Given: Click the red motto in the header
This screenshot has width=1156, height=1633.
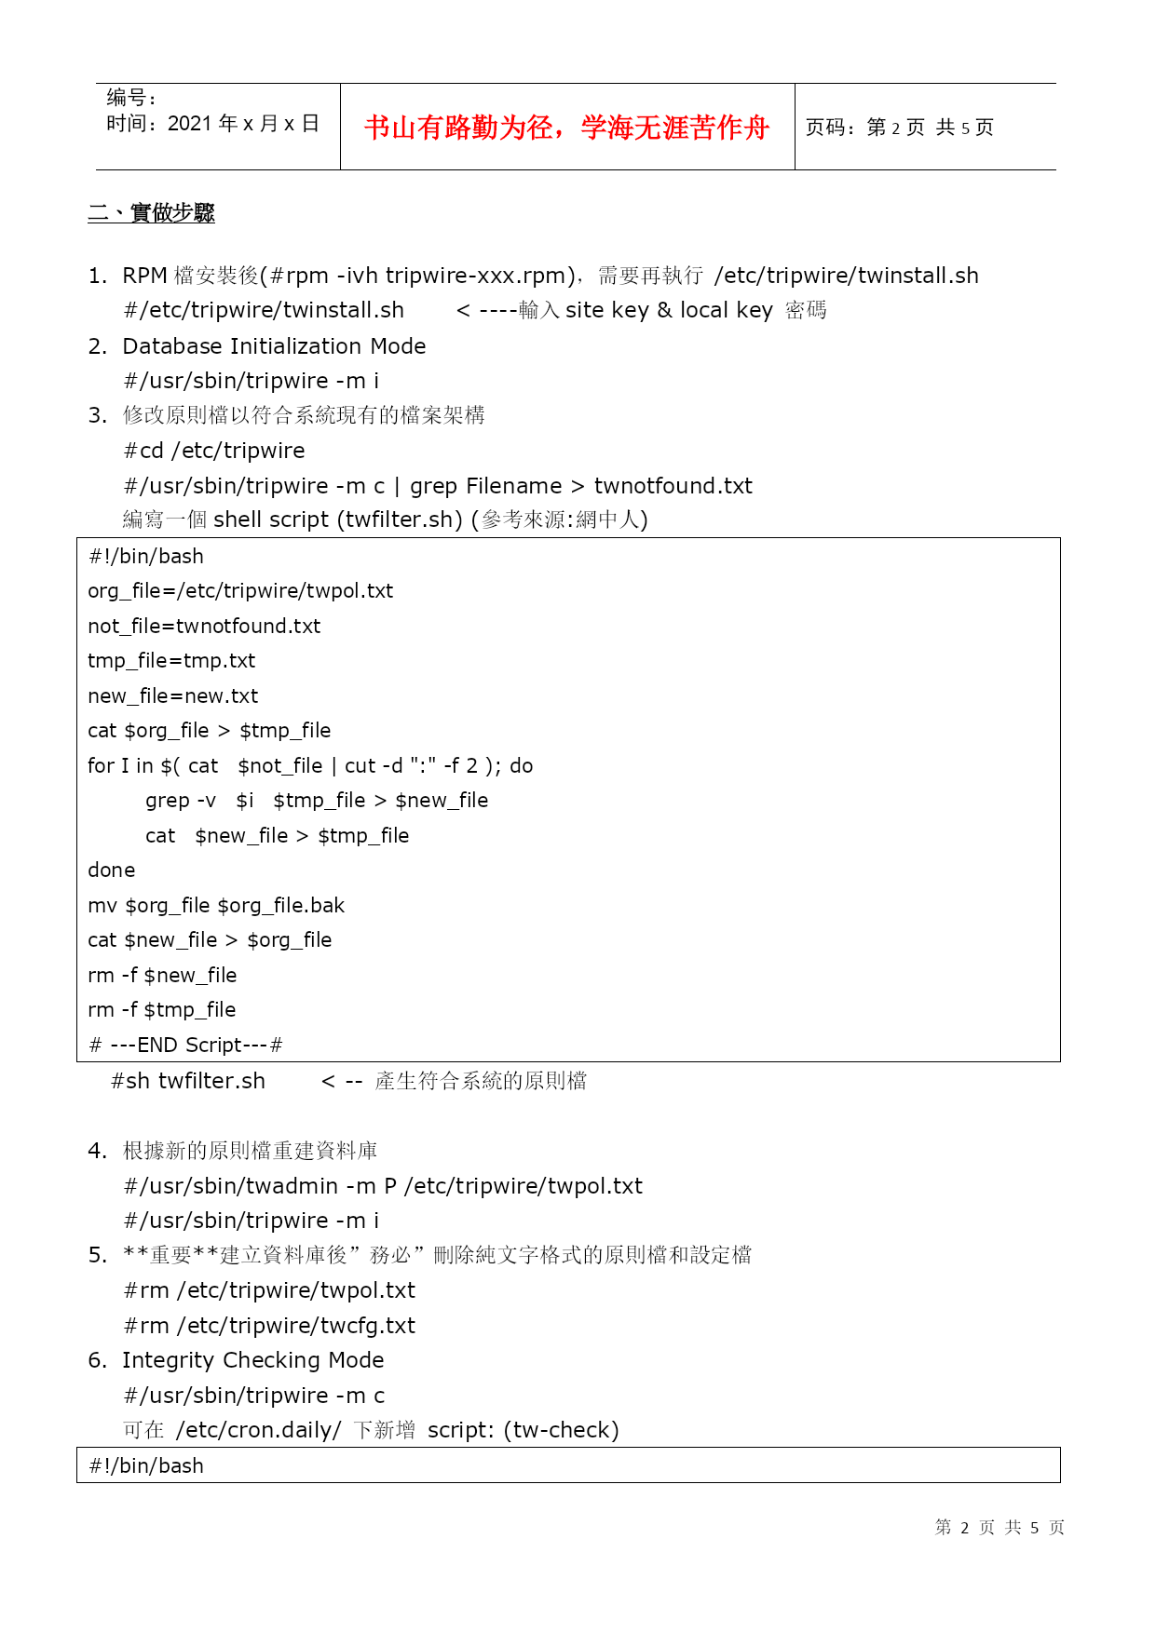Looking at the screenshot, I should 566,128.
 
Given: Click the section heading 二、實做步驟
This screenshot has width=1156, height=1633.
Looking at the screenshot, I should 151,213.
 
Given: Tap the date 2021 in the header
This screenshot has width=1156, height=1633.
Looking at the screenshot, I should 190,124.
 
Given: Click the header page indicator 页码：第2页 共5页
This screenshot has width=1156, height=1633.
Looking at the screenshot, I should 899,128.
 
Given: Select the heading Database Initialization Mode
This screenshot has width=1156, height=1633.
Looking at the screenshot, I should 274,346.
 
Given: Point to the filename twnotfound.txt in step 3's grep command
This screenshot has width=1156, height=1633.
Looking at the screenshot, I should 673,486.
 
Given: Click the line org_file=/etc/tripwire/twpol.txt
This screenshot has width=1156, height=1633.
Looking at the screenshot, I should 240,591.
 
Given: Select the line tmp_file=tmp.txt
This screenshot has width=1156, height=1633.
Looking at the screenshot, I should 171,661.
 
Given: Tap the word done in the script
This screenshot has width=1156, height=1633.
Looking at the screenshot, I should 111,870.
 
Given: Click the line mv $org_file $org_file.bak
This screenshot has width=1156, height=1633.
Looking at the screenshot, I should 216,906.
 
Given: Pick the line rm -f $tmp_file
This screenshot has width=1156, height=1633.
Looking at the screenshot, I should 161,1010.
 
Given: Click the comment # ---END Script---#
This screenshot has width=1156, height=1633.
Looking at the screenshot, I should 184,1046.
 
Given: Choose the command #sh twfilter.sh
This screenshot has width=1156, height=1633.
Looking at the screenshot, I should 188,1081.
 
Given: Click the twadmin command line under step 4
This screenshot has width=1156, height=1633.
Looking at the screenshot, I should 383,1186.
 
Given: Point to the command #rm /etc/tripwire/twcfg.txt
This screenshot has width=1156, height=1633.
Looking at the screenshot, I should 269,1326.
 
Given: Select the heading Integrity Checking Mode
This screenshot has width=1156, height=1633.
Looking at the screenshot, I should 252,1360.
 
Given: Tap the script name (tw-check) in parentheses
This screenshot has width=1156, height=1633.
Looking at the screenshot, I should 561,1430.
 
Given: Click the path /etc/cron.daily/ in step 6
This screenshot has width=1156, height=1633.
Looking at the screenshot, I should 258,1430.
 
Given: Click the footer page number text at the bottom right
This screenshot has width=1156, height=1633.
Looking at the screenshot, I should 1000,1527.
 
